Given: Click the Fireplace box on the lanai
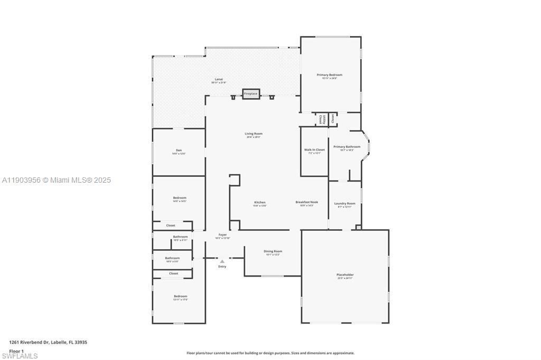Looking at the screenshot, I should [251, 93].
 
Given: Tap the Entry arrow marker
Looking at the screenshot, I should [222, 261].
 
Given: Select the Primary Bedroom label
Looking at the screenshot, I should [330, 75].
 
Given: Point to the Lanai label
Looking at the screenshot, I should [219, 80].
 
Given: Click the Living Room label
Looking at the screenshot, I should [254, 134].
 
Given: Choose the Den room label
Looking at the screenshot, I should [179, 151].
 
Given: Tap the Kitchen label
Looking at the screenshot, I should [260, 203].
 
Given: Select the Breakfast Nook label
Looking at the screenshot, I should [306, 203].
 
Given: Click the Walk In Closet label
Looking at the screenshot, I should [314, 150].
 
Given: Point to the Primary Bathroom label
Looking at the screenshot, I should [347, 147].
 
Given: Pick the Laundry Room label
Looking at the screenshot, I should [344, 204].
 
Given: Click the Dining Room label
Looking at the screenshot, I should [273, 252].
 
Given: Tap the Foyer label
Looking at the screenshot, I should [223, 235].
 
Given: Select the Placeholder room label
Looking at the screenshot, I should [345, 275].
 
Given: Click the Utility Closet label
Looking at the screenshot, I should [321, 119].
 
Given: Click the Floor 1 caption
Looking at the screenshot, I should [16, 350].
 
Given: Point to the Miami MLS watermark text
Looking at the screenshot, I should [56, 180].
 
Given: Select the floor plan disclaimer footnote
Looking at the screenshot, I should [270, 353].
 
